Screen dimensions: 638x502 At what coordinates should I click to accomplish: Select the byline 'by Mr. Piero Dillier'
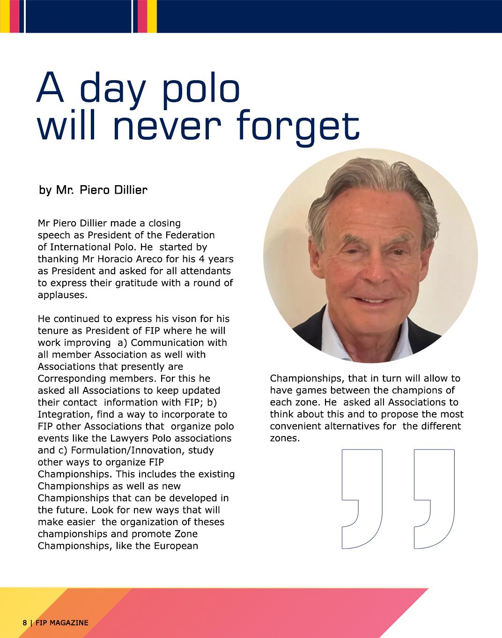click(93, 190)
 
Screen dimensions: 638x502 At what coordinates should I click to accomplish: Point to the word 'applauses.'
click(62, 295)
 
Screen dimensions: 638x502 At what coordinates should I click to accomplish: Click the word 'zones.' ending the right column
click(285, 439)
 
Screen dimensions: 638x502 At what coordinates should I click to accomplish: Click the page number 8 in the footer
click(24, 623)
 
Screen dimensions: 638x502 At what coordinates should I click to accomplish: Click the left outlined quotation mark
click(362, 499)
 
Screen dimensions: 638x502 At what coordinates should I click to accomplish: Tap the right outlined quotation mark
click(434, 499)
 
